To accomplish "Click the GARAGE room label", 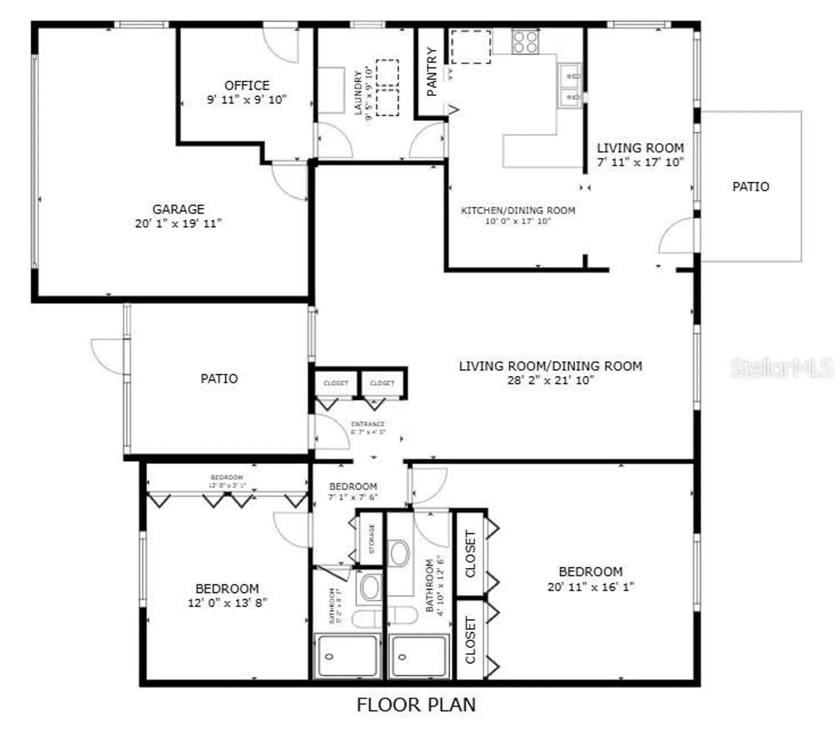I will [178, 209].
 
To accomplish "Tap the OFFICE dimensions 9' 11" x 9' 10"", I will [246, 99].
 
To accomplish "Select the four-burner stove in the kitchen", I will [525, 41].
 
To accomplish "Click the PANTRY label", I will [431, 72].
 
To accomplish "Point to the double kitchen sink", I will [570, 86].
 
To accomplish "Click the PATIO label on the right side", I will [750, 187].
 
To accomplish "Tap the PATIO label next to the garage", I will [219, 378].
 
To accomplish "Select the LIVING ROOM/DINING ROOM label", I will [551, 366].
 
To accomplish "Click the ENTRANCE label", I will [368, 424].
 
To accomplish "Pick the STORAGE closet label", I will [371, 539].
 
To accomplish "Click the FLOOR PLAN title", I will [416, 705].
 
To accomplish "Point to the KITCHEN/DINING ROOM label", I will [518, 210].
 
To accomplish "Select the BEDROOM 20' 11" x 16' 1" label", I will [591, 572].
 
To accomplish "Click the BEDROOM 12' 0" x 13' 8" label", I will [227, 588].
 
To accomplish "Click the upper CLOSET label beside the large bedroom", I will [470, 554].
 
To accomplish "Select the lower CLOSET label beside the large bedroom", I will [470, 640].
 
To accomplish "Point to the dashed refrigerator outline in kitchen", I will [470, 47].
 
